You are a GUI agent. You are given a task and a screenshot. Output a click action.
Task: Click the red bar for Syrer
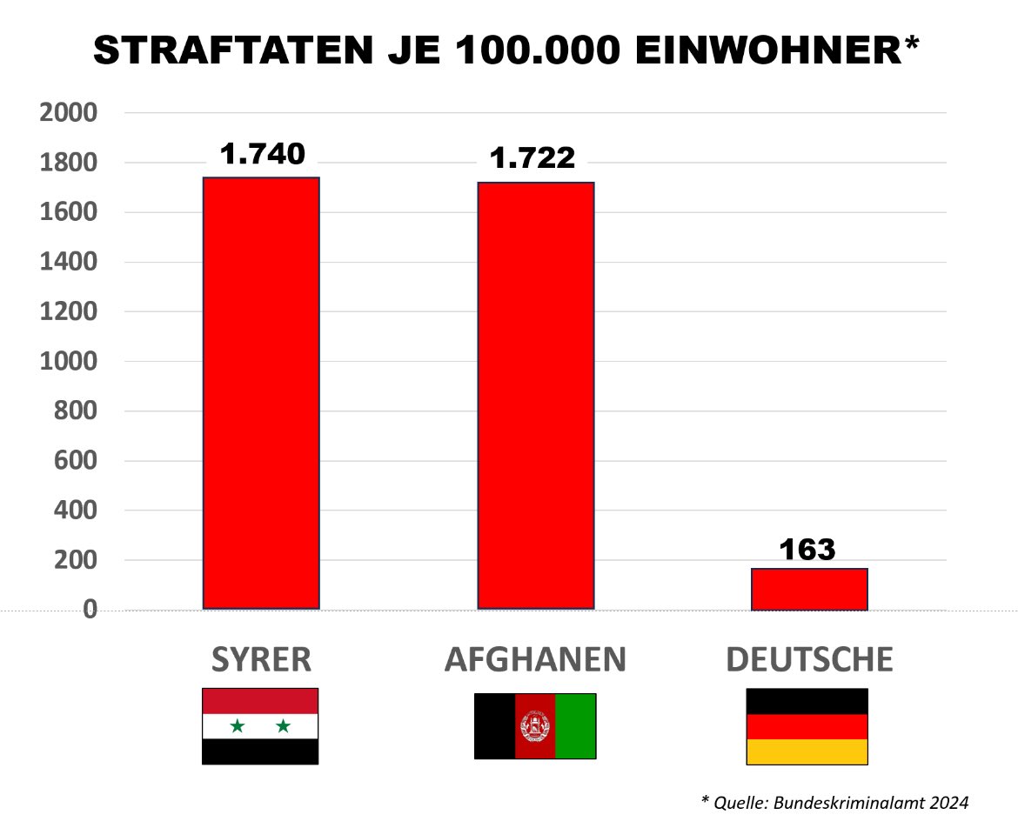(261, 393)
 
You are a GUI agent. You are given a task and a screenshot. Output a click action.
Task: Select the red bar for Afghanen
(536, 396)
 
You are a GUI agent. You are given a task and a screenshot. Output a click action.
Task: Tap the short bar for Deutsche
(809, 590)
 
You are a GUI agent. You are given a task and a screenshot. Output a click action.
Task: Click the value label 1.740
(262, 154)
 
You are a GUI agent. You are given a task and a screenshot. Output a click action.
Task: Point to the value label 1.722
(532, 158)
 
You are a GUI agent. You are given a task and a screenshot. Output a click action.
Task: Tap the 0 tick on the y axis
(89, 611)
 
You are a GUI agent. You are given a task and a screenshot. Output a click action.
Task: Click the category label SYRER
(261, 660)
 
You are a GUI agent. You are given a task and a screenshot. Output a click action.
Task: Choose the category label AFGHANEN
(535, 660)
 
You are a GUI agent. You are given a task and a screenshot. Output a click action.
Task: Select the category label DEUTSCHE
(809, 660)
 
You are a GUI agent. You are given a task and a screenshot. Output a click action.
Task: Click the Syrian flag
(260, 726)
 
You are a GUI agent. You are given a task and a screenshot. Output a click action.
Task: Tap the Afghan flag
(535, 726)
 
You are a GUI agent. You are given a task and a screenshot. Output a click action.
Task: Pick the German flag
(807, 726)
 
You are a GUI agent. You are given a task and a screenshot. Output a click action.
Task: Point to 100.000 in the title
(554, 52)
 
